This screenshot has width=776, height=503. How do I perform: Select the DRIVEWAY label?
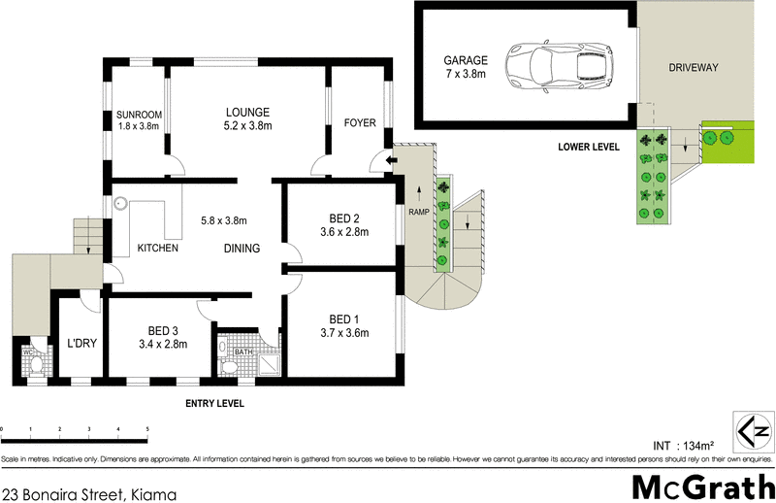(x=693, y=67)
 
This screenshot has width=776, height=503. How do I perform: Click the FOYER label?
(x=360, y=123)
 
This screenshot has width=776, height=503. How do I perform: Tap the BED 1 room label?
(x=344, y=326)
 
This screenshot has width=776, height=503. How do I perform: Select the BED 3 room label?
(x=163, y=336)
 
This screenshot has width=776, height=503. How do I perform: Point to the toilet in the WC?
(x=34, y=363)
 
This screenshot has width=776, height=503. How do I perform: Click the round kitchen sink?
(x=122, y=204)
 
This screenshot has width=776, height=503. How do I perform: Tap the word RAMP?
(x=418, y=213)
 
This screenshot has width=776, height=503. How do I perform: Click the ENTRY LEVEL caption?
(x=214, y=403)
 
